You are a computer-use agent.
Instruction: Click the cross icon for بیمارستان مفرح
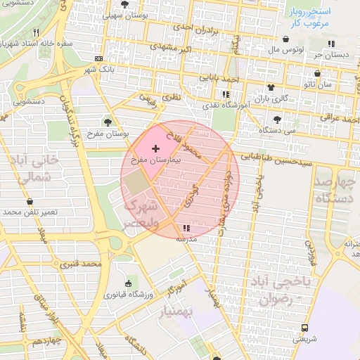pyautogui.click(x=155, y=149)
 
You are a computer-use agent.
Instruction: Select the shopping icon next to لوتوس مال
pyautogui.click(x=287, y=40)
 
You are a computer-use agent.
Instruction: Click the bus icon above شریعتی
pyautogui.click(x=304, y=328)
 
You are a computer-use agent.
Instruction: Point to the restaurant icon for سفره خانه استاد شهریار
pyautogui.click(x=37, y=32)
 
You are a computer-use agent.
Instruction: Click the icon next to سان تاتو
pyautogui.click(x=317, y=73)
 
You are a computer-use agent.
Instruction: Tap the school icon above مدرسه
pyautogui.click(x=186, y=228)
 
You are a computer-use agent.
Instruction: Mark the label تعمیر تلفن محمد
pyautogui.click(x=34, y=211)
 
